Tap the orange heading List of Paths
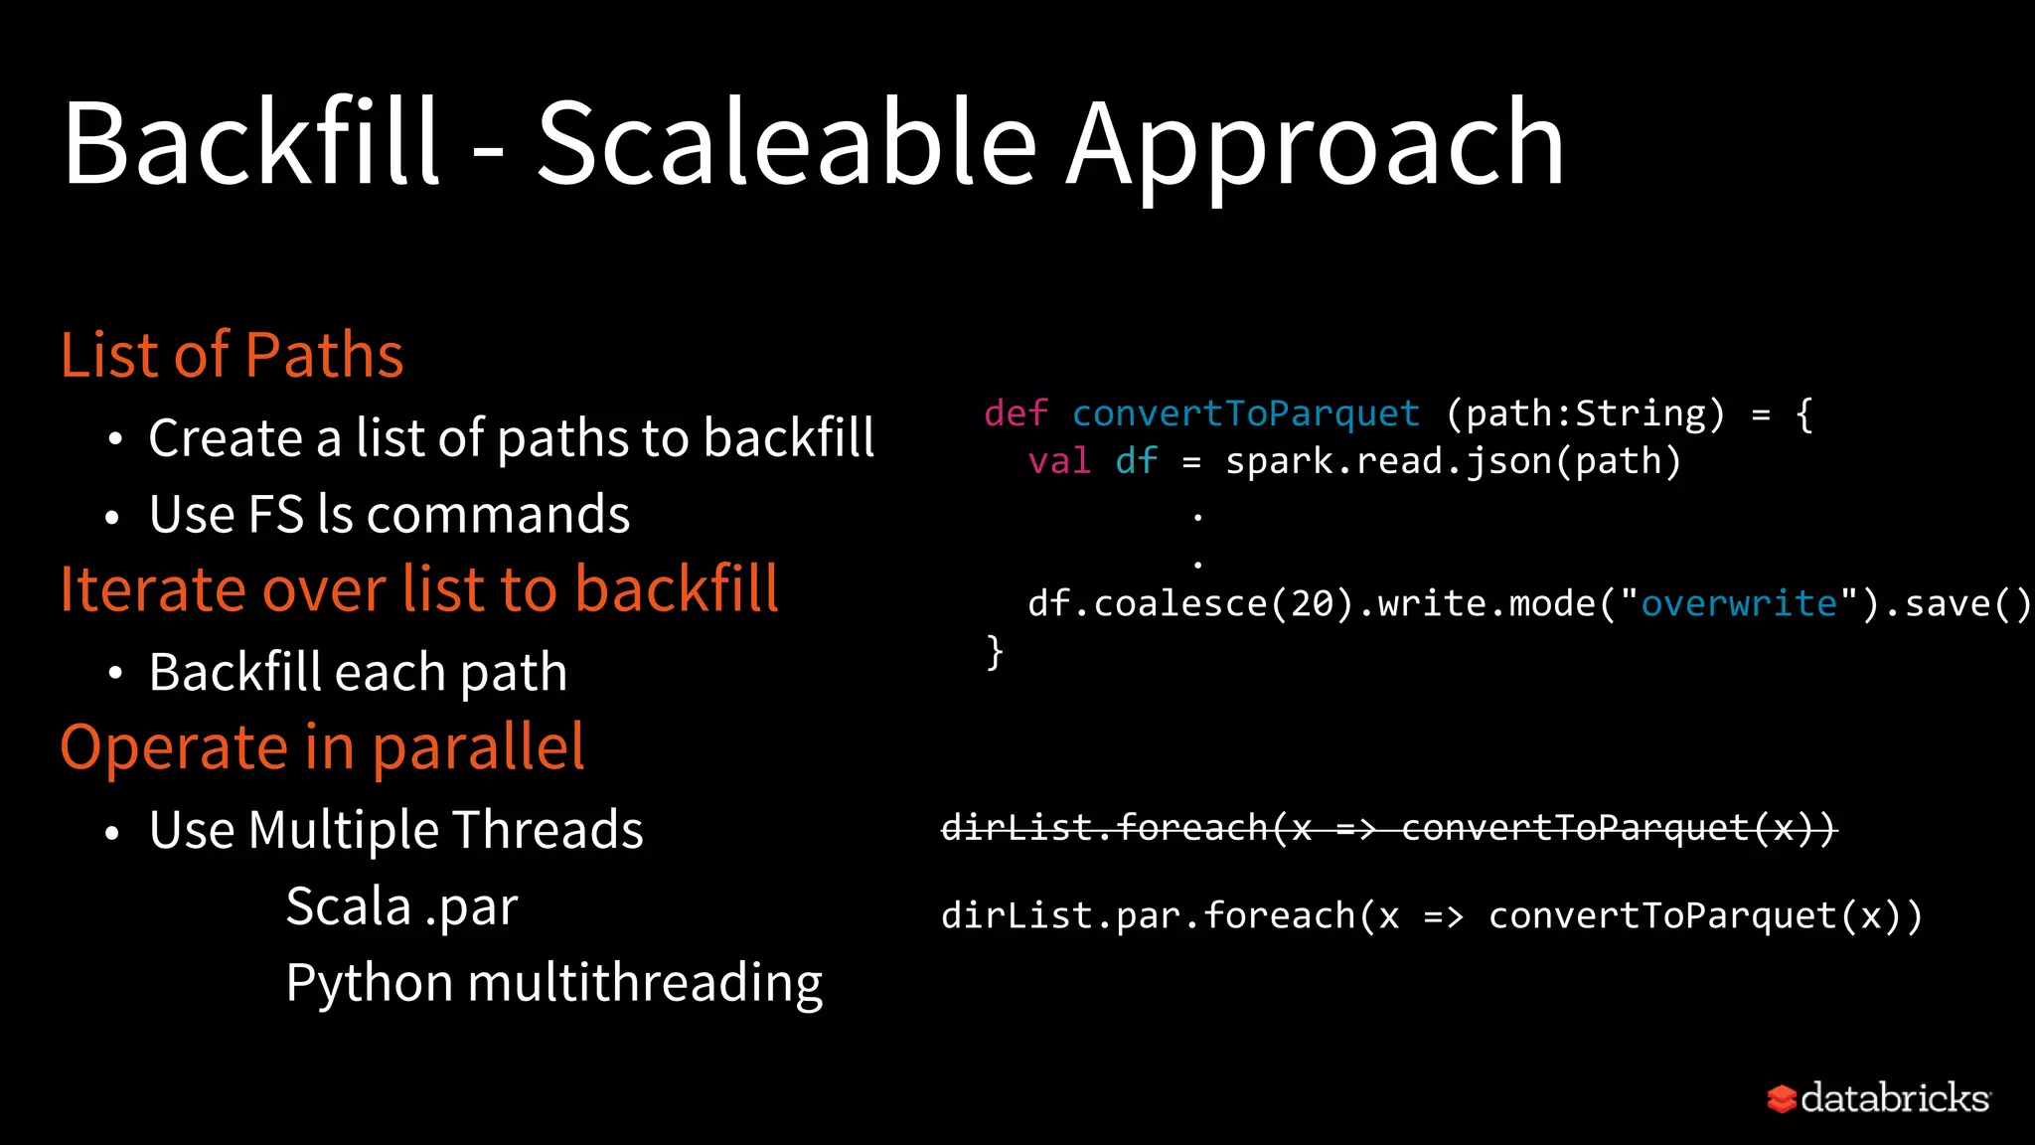(x=232, y=355)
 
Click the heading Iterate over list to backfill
(x=418, y=588)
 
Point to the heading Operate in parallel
(x=322, y=747)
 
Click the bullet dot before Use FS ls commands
(x=112, y=518)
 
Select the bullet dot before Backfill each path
(x=115, y=675)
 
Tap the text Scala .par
(x=401, y=907)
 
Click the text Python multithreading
(x=553, y=983)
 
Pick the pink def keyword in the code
(x=1016, y=413)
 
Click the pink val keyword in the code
(x=1059, y=461)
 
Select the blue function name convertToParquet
(x=1246, y=413)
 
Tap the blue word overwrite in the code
(x=1739, y=603)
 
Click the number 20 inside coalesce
(x=1312, y=603)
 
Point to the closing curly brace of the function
(x=995, y=653)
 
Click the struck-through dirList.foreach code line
(x=1388, y=827)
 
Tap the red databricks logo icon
(x=1782, y=1098)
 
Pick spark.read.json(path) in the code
(x=1453, y=461)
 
